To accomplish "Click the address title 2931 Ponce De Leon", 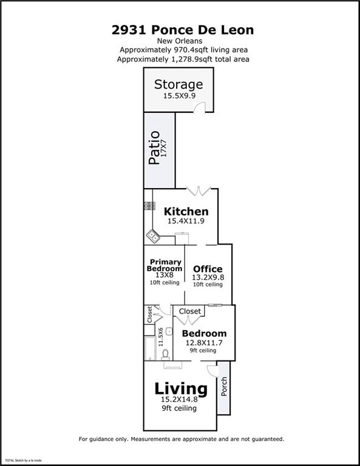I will (x=183, y=30).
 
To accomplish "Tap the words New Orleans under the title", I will (x=183, y=41).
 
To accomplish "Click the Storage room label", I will (x=178, y=84).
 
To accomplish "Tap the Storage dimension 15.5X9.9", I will (x=178, y=95).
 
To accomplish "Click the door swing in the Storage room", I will (x=198, y=107).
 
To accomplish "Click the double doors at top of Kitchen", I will (x=197, y=192).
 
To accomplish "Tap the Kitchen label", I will (x=187, y=212).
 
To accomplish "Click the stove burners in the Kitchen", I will (x=148, y=206).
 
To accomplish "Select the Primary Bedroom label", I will (x=165, y=265).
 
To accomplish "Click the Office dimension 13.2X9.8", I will (x=208, y=277).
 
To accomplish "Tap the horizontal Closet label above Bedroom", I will (x=190, y=311).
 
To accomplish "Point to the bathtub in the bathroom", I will (x=149, y=349).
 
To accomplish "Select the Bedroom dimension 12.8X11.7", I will (x=204, y=342).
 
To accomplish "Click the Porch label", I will (x=223, y=387).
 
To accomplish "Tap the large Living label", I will (x=180, y=388).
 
